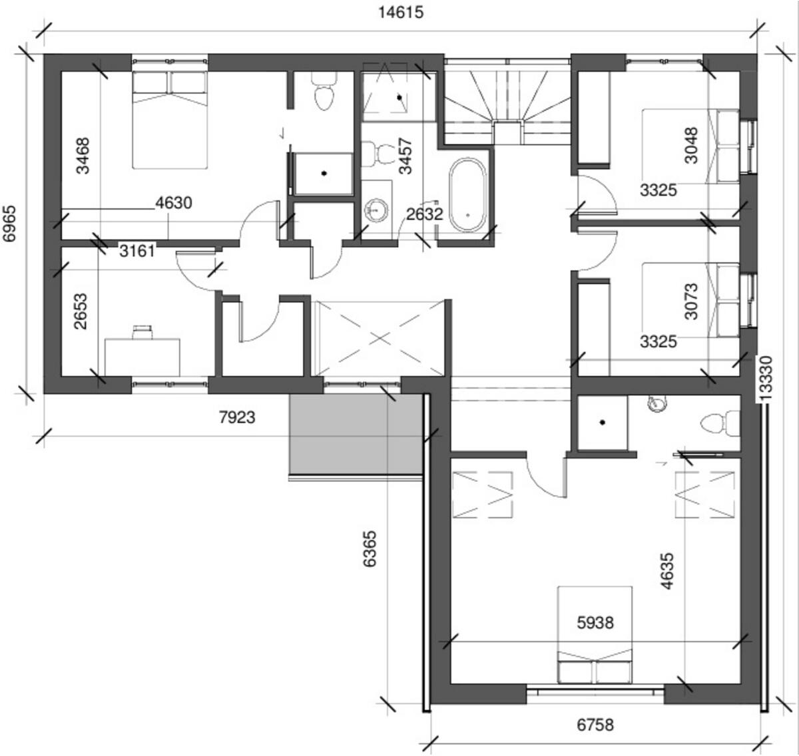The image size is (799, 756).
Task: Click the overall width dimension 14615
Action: coord(401,12)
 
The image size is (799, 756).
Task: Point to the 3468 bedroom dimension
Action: coord(83,155)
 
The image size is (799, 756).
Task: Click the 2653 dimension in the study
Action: coord(81,311)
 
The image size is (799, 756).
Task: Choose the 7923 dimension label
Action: coord(237,417)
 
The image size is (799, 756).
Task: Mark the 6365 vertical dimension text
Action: coord(370,548)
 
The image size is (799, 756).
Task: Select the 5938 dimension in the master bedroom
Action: coord(595,623)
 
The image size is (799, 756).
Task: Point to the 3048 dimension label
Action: coord(691,145)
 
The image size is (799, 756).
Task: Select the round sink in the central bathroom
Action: coord(377,210)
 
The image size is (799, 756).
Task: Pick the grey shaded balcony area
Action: coord(356,433)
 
